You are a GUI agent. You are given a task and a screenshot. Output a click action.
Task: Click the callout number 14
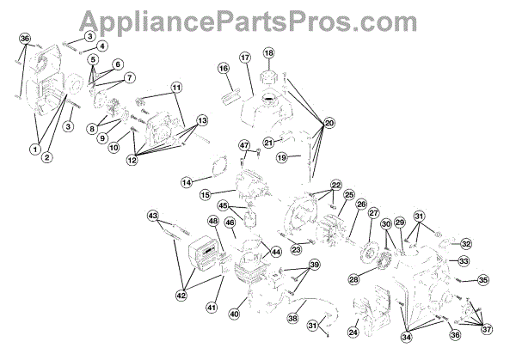(187, 182)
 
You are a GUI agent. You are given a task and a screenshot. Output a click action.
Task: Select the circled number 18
(268, 53)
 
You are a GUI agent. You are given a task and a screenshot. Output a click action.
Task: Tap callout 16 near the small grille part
(222, 68)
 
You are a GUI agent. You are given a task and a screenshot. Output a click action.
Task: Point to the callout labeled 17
(244, 58)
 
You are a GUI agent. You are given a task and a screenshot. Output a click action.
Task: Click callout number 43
(153, 214)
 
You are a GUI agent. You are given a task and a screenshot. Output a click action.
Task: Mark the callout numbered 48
(212, 223)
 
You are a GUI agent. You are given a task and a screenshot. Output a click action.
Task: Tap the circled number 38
(292, 318)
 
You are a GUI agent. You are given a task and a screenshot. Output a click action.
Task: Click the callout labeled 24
(353, 332)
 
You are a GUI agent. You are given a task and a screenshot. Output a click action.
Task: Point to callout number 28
(353, 279)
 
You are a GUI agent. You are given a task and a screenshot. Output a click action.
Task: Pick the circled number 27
(373, 213)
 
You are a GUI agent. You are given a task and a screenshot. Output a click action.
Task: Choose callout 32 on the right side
(465, 243)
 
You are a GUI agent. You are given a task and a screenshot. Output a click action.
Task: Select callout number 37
(488, 329)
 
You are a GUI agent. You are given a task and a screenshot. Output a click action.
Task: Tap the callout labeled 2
(48, 158)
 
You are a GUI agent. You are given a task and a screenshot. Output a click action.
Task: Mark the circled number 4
(102, 46)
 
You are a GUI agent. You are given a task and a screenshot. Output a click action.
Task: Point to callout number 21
(268, 142)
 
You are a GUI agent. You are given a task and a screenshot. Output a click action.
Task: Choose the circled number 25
(349, 195)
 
